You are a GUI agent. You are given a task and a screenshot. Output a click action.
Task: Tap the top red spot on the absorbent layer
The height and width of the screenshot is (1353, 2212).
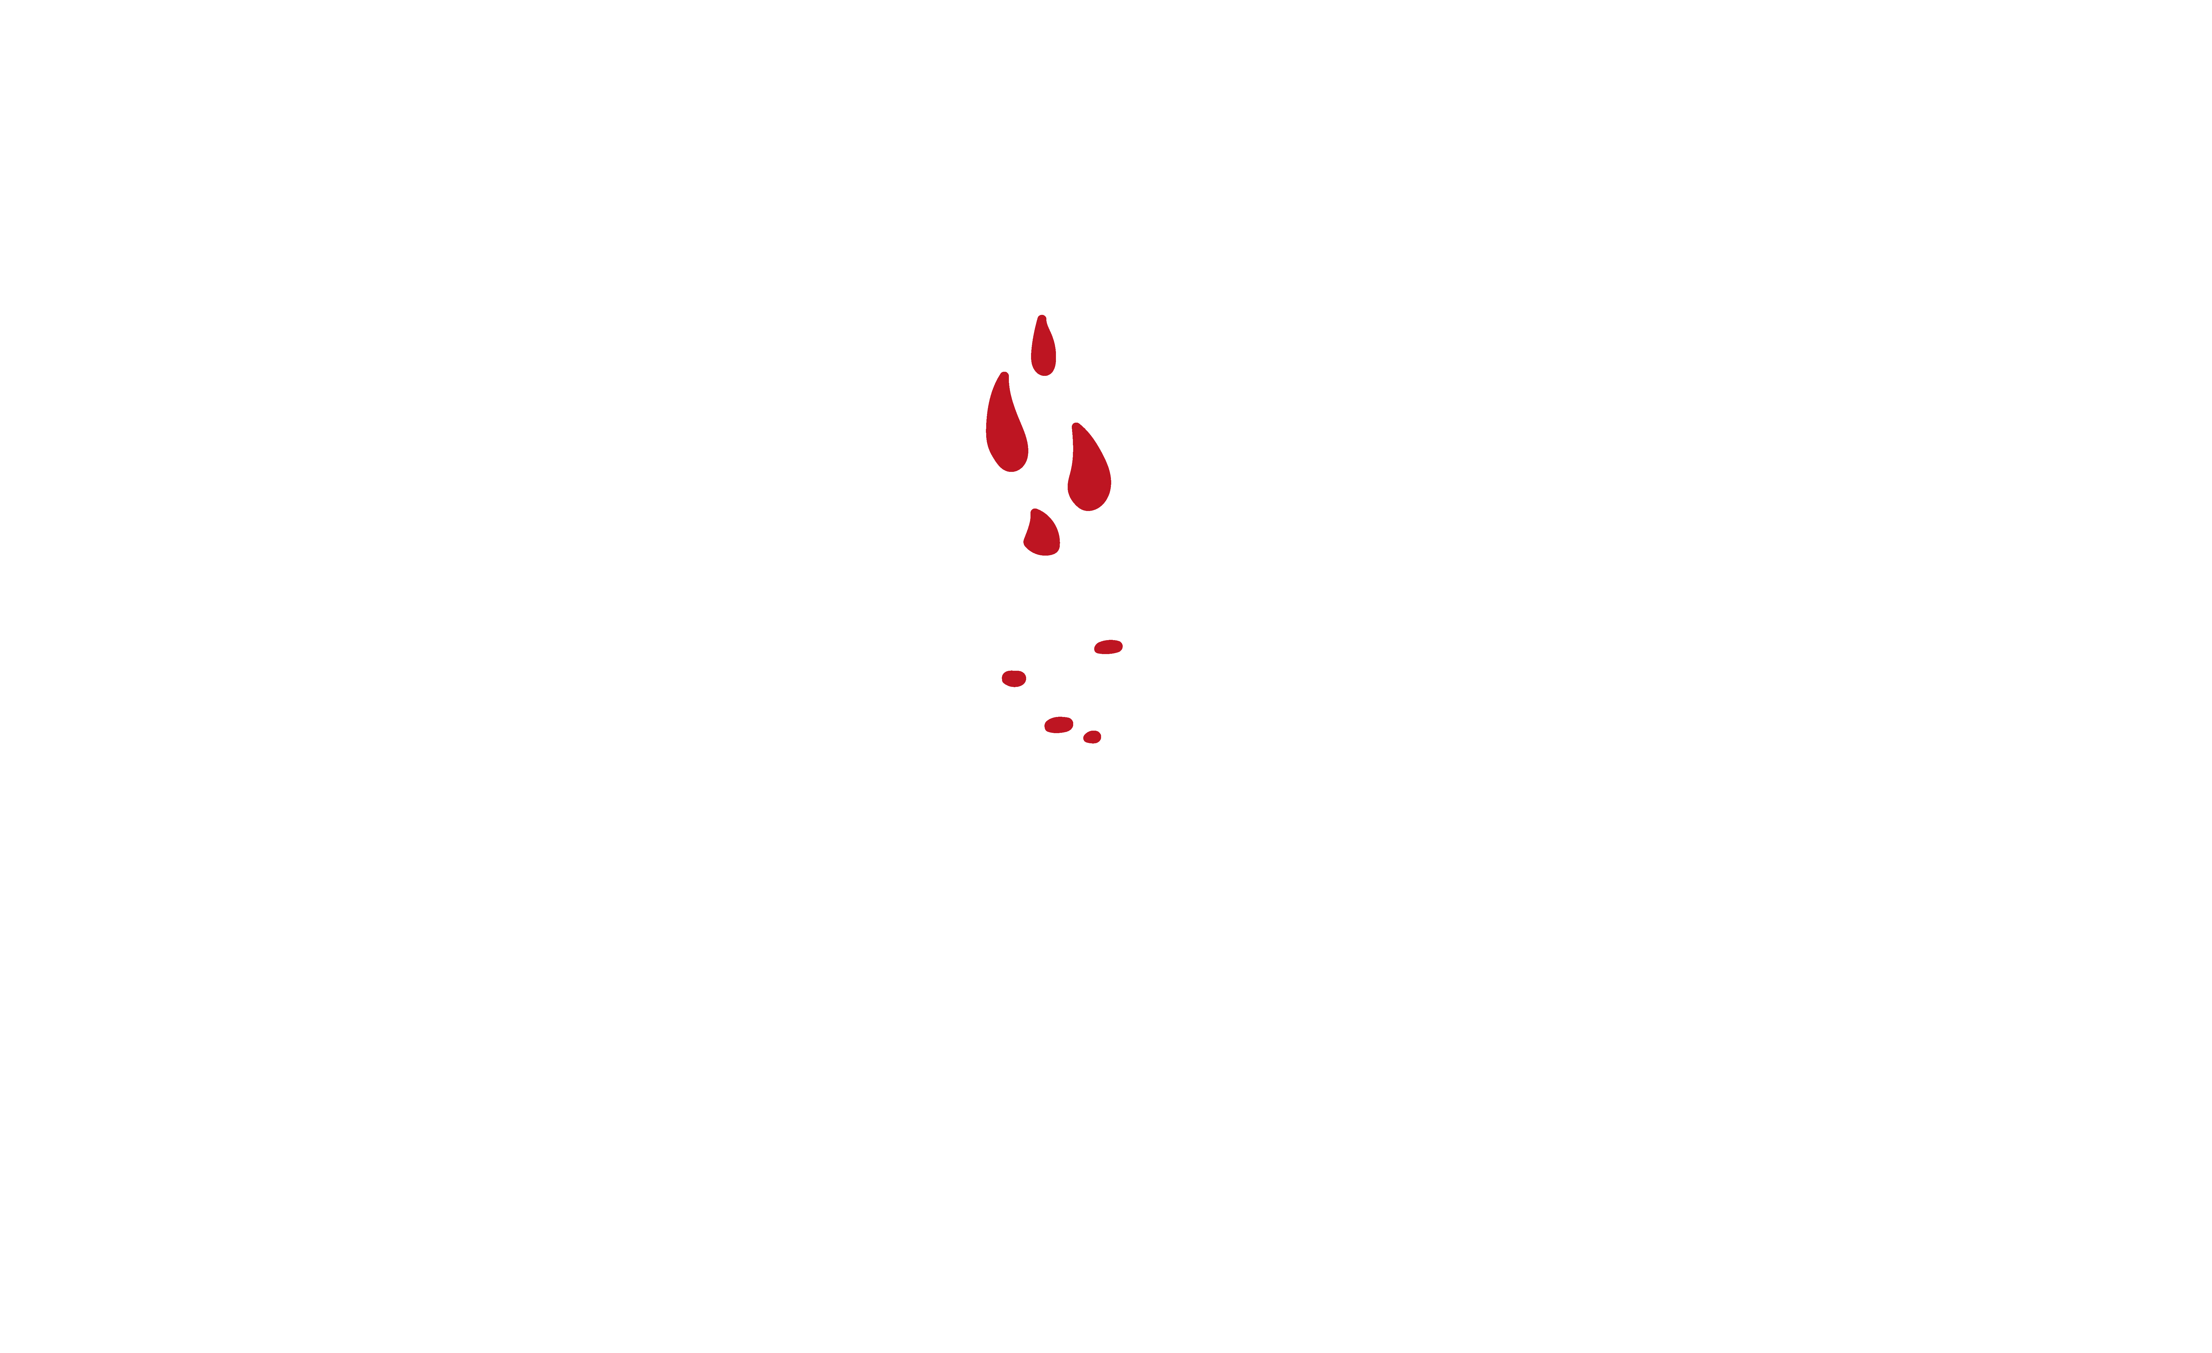[1109, 646]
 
